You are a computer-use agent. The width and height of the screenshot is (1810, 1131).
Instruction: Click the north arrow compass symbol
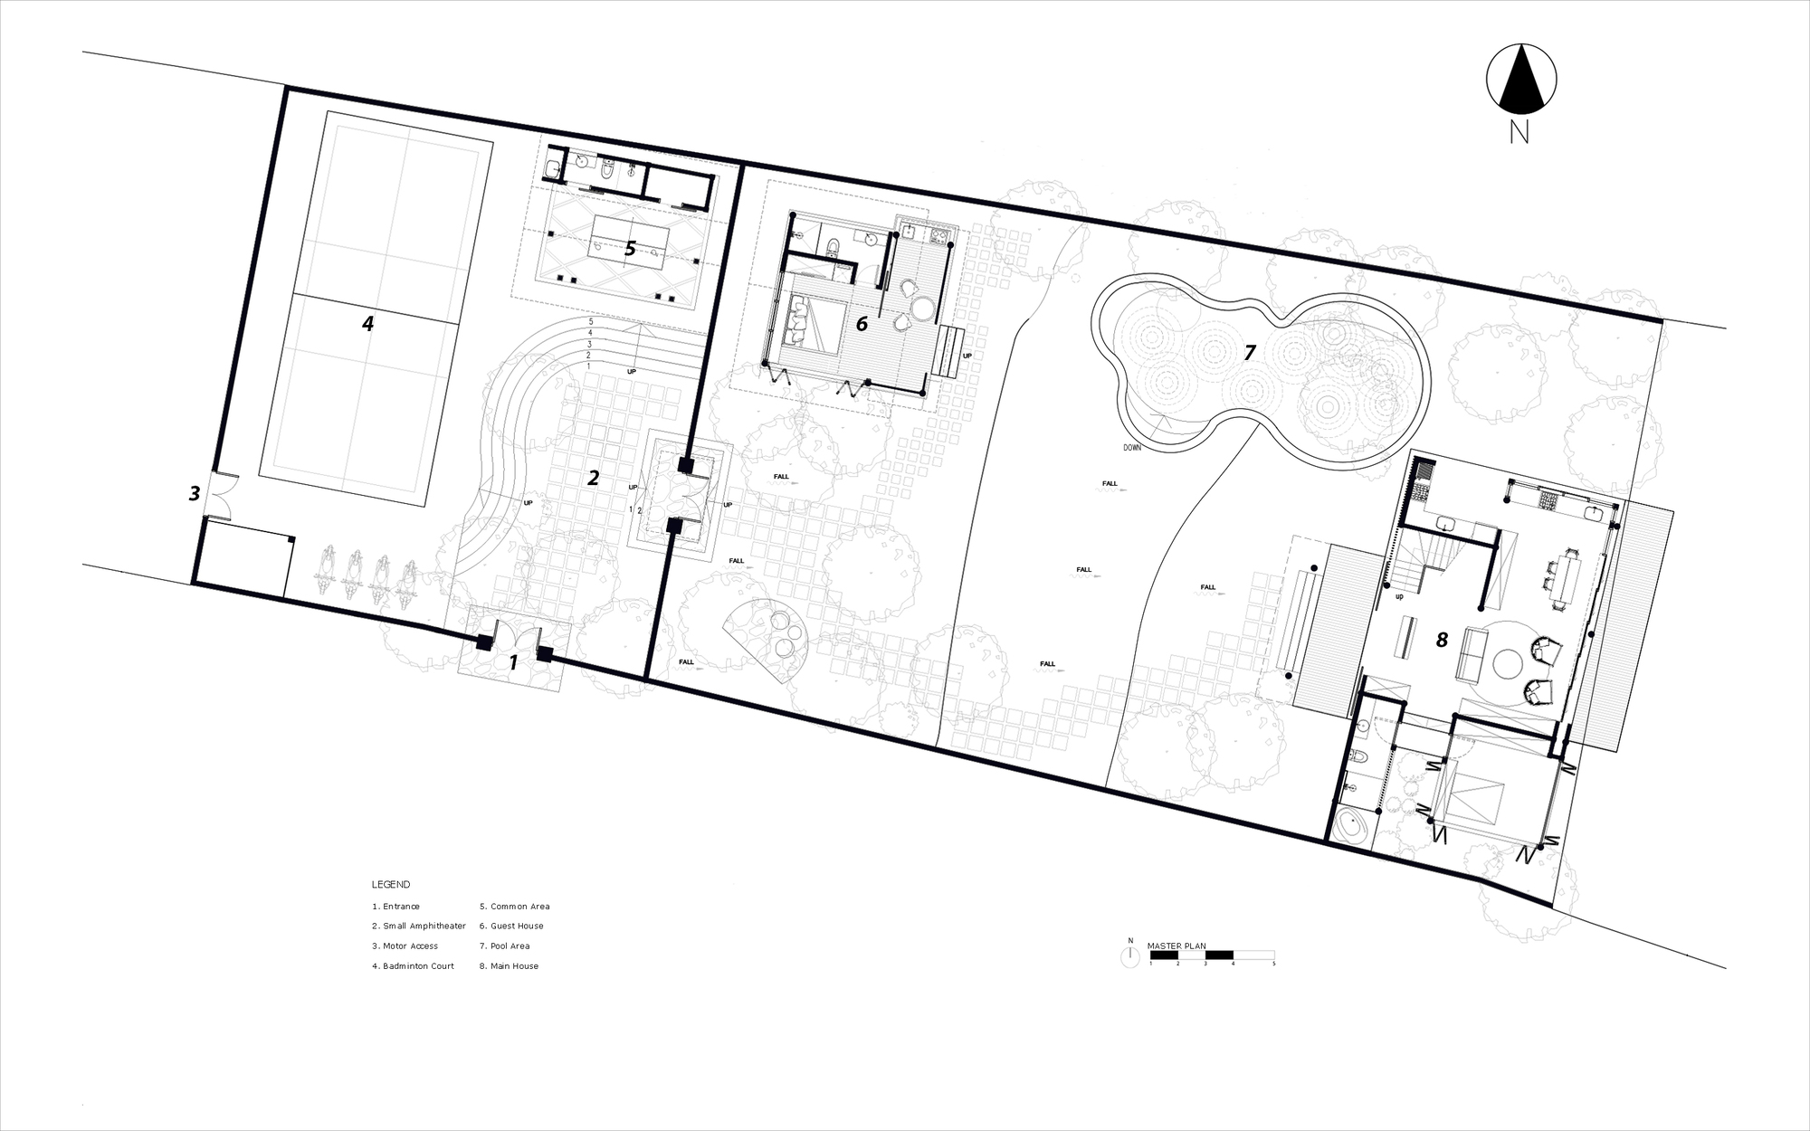pos(1521,80)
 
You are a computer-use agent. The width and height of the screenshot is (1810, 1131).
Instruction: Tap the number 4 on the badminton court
pos(367,323)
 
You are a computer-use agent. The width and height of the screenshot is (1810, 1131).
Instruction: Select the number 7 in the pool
pos(1250,353)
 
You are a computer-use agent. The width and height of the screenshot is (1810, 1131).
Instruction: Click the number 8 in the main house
pos(1442,640)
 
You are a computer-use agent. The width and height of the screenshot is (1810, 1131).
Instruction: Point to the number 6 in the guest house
pos(862,323)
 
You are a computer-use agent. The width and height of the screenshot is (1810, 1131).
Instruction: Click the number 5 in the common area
pos(631,249)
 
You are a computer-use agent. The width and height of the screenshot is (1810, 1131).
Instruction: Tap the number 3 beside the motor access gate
pos(194,494)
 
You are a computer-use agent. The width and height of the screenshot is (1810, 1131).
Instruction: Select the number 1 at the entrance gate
pos(512,663)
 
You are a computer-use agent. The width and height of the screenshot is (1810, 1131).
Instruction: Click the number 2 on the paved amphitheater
pos(594,478)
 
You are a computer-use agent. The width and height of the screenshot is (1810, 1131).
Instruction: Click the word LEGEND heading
pos(390,885)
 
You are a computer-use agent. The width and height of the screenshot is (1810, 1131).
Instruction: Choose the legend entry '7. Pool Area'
pos(504,946)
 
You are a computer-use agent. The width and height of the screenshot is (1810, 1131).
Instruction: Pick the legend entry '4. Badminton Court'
pos(413,966)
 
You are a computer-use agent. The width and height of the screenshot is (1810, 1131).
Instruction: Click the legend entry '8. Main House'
pos(509,966)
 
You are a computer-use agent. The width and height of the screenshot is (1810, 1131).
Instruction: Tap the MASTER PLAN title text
pos(1176,946)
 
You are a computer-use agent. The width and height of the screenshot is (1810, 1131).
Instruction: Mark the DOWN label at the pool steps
pos(1132,448)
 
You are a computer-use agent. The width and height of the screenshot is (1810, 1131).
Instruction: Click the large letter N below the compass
pos(1519,133)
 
